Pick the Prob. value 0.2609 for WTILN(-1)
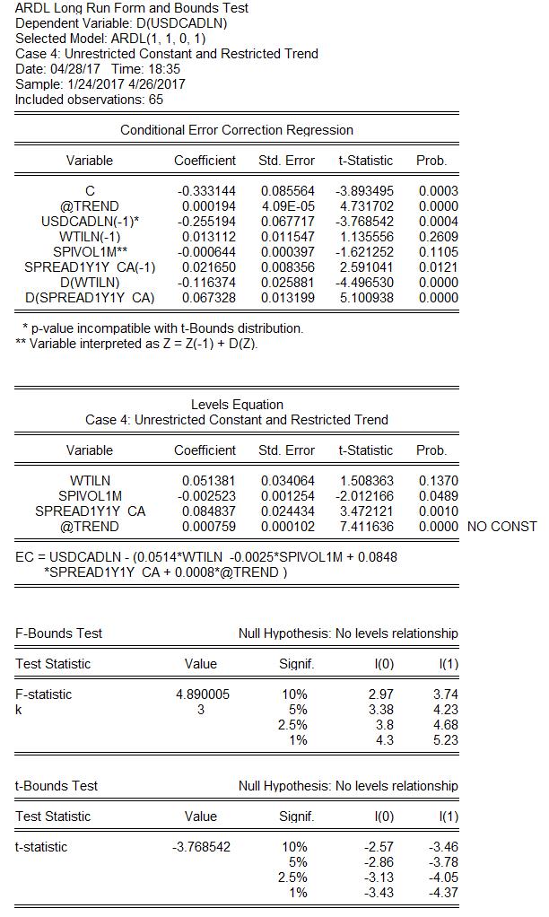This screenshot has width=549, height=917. [438, 237]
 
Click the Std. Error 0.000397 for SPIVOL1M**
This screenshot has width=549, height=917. [287, 252]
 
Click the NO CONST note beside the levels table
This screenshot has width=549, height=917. [502, 527]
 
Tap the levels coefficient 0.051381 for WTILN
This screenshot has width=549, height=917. [208, 481]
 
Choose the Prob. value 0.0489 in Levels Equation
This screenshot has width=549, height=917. [438, 496]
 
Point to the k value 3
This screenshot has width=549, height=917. [200, 710]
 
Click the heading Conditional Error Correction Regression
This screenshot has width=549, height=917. [237, 130]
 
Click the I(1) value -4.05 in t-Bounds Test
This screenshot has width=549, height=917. [443, 878]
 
